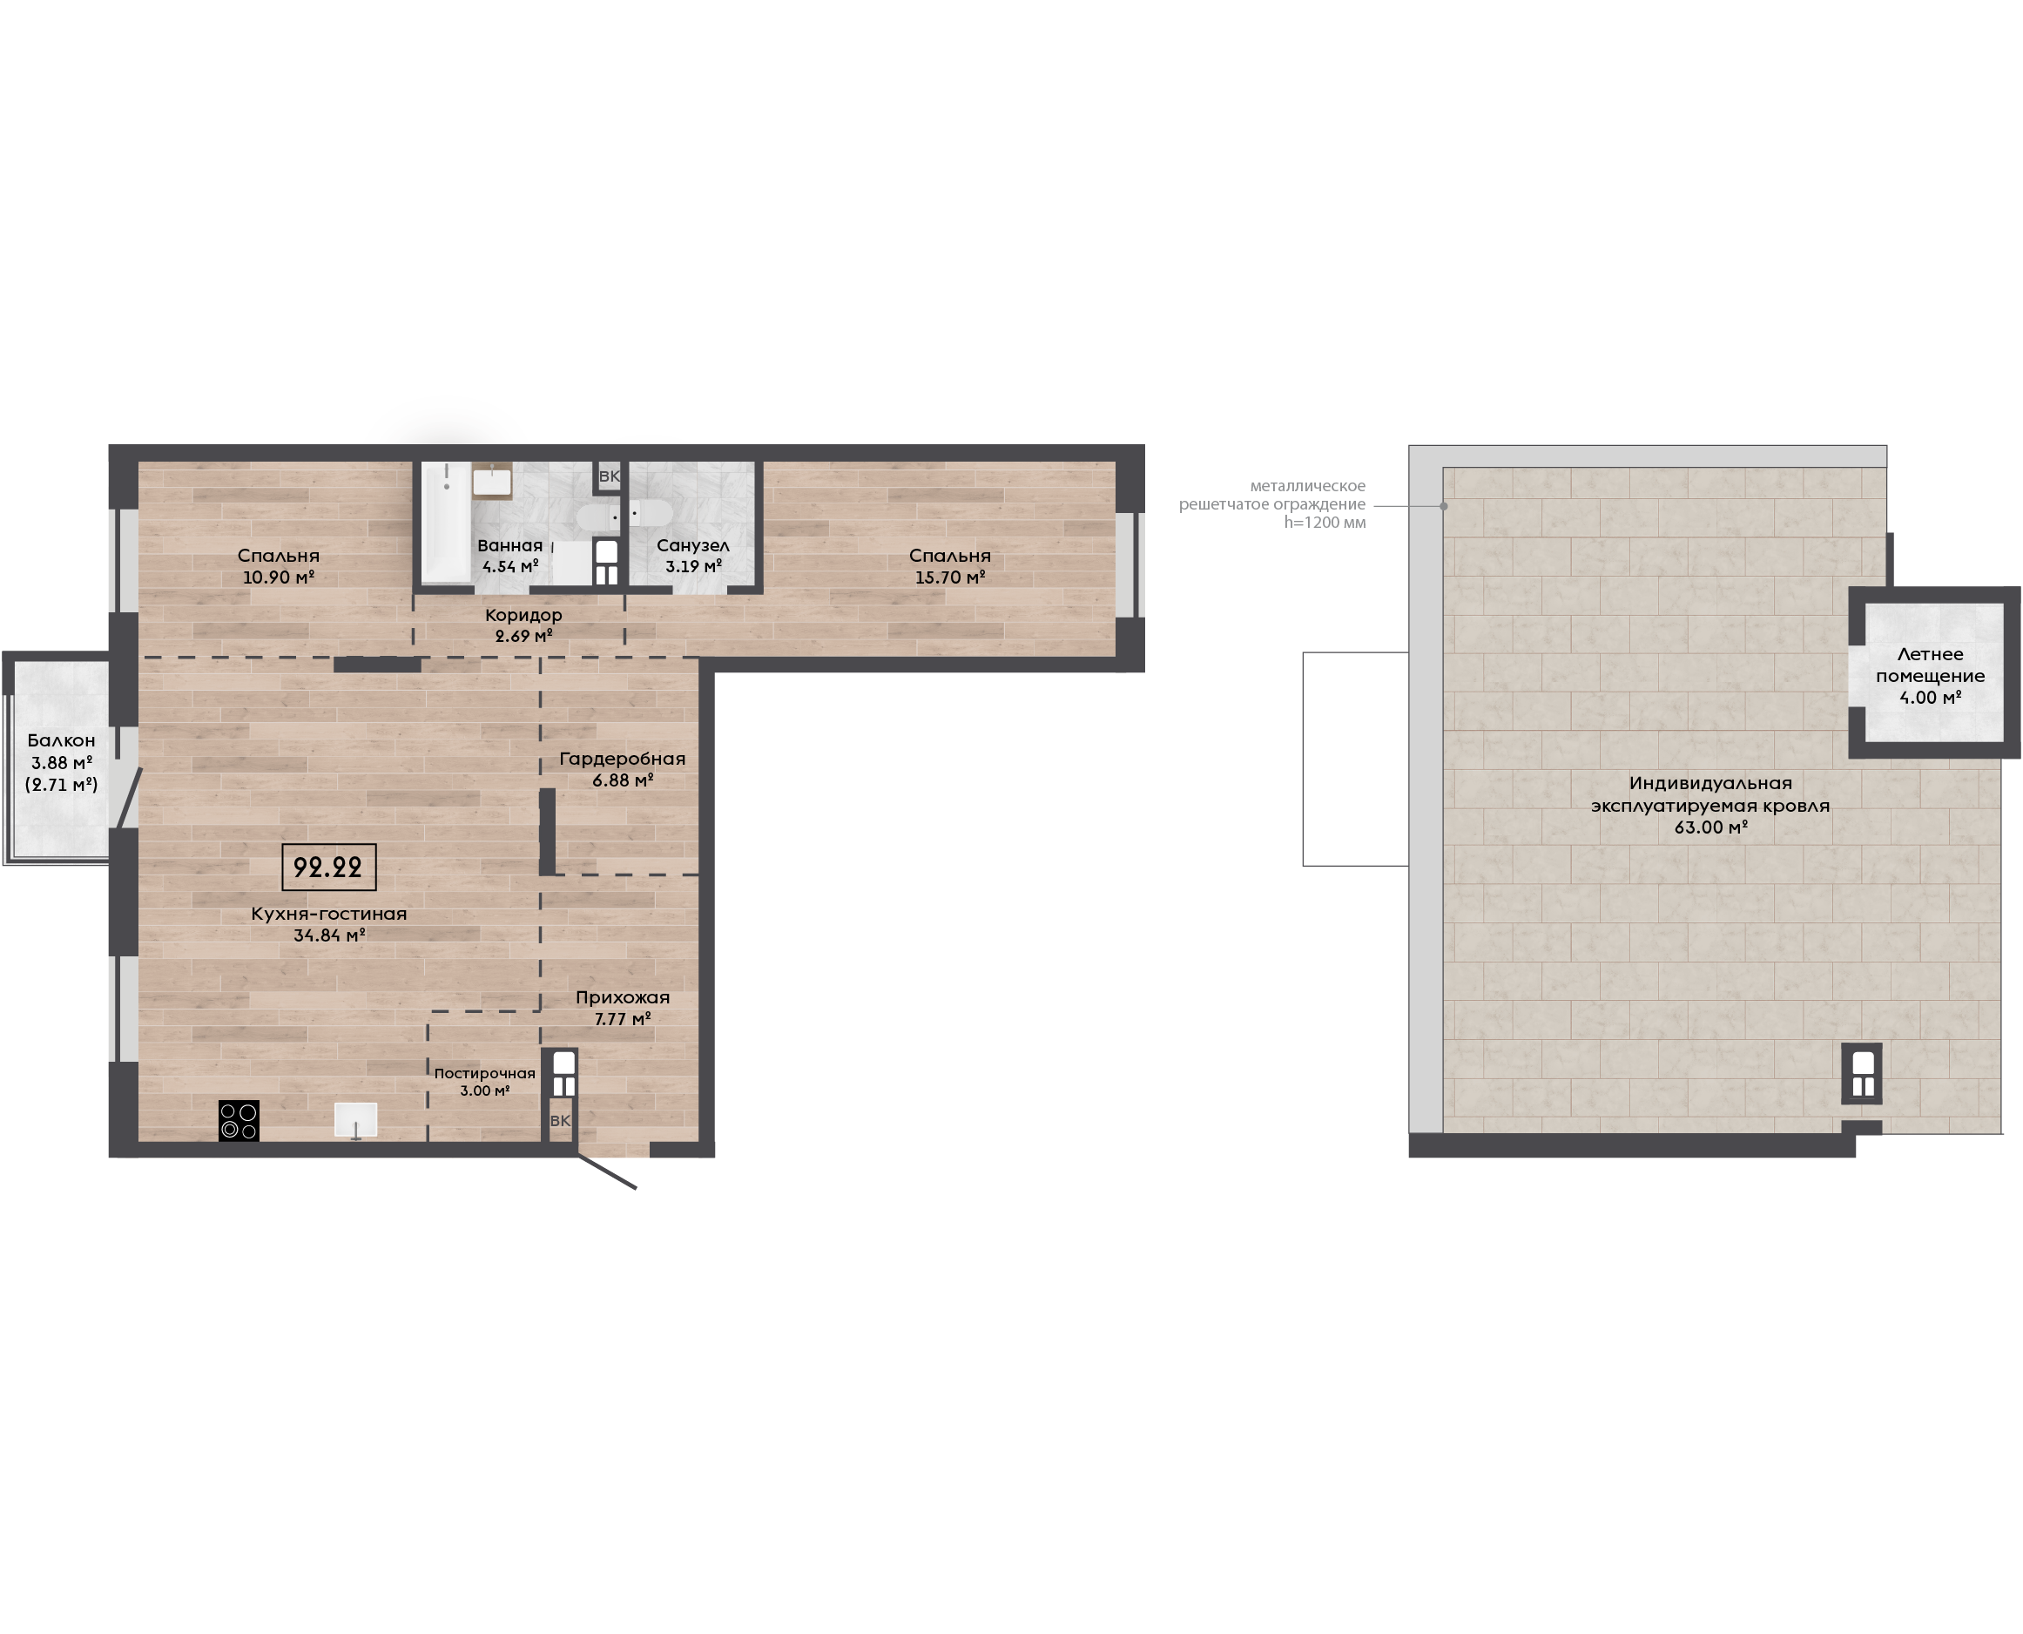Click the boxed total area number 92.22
tap(328, 867)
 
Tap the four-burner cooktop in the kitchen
tap(239, 1121)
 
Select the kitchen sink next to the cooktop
tap(355, 1120)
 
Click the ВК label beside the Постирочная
tap(560, 1121)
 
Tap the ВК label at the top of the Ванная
tap(610, 476)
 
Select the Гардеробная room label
tap(622, 759)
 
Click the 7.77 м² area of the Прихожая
tap(623, 1018)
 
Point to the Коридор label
tap(524, 615)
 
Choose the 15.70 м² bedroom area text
tap(950, 577)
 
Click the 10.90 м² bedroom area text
tap(279, 577)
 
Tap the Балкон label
tap(61, 739)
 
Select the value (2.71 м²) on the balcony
tap(61, 784)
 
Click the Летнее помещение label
tap(1930, 665)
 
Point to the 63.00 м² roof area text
tap(1710, 827)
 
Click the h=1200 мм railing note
tap(1325, 523)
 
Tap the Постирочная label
tap(484, 1073)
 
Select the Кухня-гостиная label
tap(329, 913)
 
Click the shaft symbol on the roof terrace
tap(1862, 1073)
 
